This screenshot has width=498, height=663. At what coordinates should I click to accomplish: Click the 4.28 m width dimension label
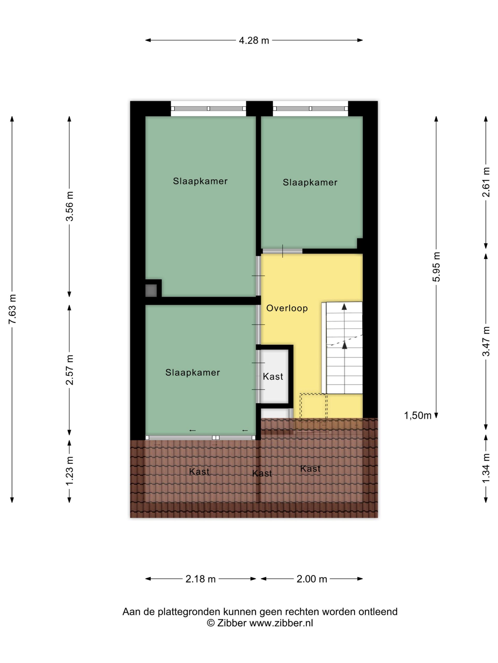coord(254,40)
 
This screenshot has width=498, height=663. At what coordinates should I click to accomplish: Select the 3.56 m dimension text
coord(69,206)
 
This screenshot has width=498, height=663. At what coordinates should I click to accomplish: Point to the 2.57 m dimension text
coord(69,370)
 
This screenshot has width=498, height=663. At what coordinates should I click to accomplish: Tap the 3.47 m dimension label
coord(486,341)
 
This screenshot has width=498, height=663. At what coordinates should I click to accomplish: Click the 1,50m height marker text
coord(418,415)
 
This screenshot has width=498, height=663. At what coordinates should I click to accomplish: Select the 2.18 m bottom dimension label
coord(200,579)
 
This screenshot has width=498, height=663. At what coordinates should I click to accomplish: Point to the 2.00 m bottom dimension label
coord(312,579)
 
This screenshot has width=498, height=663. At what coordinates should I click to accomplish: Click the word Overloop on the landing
coord(287,308)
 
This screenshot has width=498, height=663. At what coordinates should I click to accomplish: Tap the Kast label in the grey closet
coord(273,377)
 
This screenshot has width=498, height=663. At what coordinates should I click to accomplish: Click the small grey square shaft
coord(151,290)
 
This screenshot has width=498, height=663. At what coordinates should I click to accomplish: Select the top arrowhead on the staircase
coord(344,307)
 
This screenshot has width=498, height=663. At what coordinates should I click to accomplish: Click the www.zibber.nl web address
coord(281,623)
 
